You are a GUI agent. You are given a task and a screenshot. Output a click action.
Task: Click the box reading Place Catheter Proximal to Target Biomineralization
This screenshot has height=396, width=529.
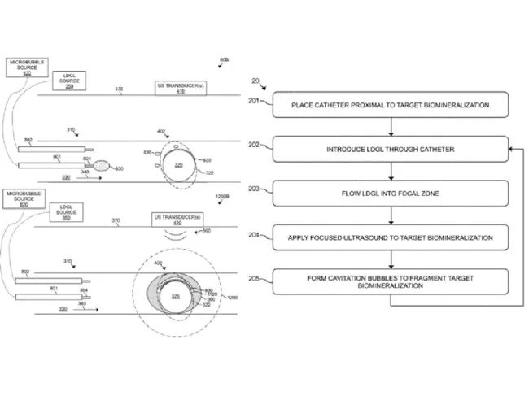(x=391, y=105)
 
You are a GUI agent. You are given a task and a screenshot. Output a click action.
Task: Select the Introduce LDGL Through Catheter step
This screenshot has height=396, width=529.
(x=391, y=150)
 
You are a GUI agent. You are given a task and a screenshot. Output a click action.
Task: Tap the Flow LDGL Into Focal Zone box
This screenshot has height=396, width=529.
(x=391, y=194)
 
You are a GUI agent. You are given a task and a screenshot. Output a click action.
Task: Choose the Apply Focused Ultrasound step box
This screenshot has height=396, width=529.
(x=391, y=237)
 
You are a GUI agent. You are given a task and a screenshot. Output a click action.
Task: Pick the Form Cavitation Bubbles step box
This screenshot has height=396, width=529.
(x=391, y=282)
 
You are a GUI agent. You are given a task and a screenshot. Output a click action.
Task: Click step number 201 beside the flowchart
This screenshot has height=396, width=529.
(x=254, y=101)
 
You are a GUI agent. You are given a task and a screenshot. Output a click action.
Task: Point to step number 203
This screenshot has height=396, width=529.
(x=254, y=188)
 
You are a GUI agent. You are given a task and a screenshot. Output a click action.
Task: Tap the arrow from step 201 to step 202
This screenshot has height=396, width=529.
(x=391, y=127)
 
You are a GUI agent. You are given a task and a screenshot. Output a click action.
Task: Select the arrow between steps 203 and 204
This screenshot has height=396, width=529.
(x=391, y=215)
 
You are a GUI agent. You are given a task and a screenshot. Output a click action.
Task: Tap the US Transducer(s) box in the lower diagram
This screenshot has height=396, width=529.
(x=175, y=220)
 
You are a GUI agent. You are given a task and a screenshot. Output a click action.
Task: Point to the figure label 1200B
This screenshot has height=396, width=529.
(x=223, y=196)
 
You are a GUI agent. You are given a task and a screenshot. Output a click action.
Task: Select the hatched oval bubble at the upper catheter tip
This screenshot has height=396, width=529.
(x=101, y=165)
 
